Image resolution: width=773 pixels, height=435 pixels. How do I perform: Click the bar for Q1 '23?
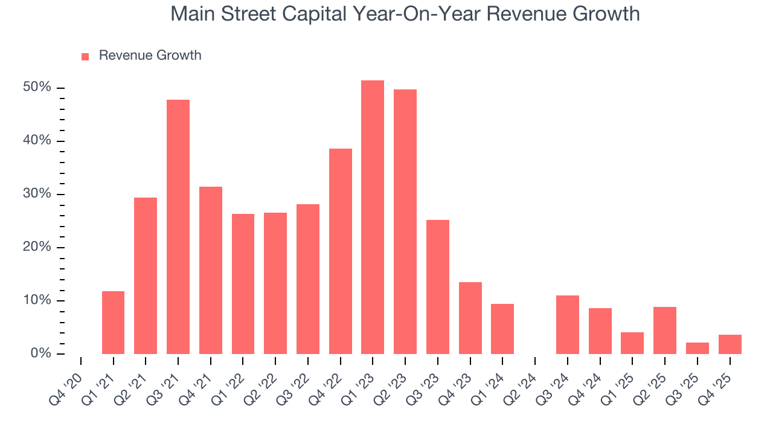(373, 217)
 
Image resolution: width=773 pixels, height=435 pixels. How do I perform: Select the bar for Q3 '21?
(178, 227)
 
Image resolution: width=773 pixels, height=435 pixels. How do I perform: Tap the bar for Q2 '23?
(405, 222)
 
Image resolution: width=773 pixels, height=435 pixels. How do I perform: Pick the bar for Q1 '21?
(113, 323)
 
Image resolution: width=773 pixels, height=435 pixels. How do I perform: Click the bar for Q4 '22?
(341, 251)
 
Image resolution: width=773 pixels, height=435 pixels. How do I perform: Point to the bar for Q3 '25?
(698, 348)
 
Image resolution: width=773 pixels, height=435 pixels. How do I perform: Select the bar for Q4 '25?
(730, 344)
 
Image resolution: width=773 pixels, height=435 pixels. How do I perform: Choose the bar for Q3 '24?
(568, 324)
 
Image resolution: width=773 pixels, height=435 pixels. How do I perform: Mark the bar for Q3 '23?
(438, 287)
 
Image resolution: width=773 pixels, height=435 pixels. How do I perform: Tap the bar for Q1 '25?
(632, 343)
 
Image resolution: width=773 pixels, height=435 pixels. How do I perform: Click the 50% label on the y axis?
(37, 88)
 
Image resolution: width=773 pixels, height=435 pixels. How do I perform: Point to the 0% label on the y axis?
(41, 353)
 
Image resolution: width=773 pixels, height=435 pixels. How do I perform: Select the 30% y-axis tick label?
(37, 194)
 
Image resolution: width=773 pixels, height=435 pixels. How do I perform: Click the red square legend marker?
(85, 56)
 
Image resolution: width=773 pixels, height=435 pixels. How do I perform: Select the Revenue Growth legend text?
(150, 56)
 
